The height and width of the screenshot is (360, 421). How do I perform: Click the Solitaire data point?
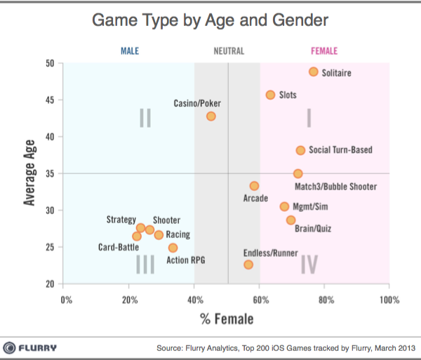[x=314, y=72]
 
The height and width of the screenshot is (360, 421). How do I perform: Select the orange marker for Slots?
[x=270, y=95]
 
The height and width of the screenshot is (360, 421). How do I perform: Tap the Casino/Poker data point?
[x=211, y=116]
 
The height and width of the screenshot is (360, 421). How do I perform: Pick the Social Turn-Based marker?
[x=300, y=150]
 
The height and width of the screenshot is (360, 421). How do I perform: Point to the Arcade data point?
[x=254, y=186]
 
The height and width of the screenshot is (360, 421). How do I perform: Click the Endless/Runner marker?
[x=248, y=265]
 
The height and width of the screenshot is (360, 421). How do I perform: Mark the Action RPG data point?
[x=173, y=248]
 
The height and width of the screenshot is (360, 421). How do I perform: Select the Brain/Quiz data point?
[x=290, y=220]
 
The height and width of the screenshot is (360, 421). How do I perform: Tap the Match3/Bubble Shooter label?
[x=336, y=187]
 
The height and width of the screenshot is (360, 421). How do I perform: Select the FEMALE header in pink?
[x=323, y=51]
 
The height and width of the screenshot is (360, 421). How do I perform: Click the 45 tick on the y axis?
[x=49, y=100]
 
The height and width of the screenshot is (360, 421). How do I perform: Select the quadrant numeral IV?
[x=309, y=264]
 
